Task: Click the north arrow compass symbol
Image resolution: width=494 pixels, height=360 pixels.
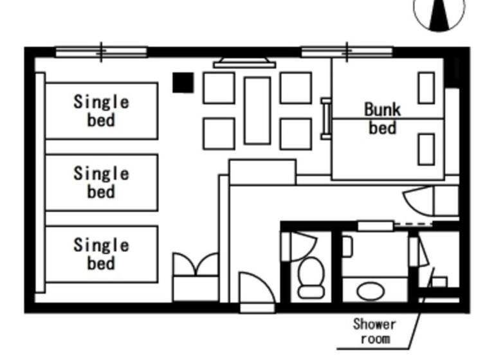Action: tap(439, 13)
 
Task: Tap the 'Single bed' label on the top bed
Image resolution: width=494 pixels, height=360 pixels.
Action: tap(101, 110)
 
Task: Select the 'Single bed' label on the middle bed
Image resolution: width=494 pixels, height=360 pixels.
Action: tap(101, 182)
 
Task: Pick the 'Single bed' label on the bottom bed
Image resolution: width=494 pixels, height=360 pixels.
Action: tap(101, 254)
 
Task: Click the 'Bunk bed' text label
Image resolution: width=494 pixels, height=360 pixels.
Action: tap(382, 118)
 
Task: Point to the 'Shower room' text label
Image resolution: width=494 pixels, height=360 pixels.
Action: tap(374, 331)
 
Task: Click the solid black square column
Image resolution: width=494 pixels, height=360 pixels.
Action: tap(183, 82)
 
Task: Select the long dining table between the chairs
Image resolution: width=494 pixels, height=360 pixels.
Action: tap(257, 111)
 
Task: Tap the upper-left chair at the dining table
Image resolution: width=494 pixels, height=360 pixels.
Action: tap(219, 88)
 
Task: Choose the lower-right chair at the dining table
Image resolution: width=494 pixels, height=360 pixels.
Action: tap(296, 134)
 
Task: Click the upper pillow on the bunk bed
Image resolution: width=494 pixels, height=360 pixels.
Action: tap(426, 88)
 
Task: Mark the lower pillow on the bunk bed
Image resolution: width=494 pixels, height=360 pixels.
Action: tap(426, 149)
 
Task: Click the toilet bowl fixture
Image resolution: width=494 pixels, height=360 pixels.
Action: tap(312, 278)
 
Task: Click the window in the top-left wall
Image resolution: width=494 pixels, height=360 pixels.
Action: tap(101, 52)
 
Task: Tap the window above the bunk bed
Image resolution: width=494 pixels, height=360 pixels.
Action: tap(347, 52)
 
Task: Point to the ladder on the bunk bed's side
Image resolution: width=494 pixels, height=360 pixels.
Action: tap(327, 118)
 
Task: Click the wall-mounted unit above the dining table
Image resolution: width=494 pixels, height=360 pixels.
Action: tap(244, 63)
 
